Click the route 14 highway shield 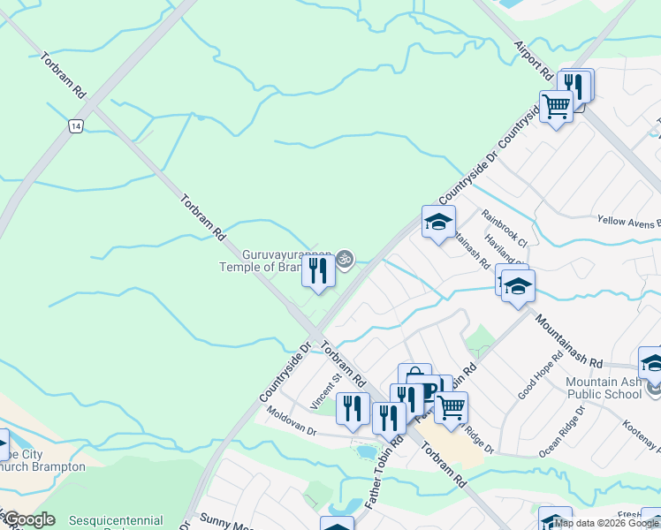[77, 127]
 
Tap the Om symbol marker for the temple [346, 259]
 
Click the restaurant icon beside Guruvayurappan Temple [318, 270]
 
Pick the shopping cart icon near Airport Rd [556, 107]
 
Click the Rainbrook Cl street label [504, 228]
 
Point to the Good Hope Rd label [541, 376]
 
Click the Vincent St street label [326, 390]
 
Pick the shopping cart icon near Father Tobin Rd [451, 407]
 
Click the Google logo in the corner [29, 520]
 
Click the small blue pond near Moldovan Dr [365, 452]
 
